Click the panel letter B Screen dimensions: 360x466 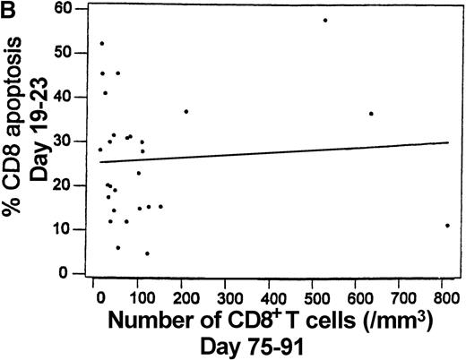[x=8, y=9]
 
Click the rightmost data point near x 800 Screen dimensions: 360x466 [x=447, y=225]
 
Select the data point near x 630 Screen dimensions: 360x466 [x=371, y=114]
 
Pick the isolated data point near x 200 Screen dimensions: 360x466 [x=186, y=111]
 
